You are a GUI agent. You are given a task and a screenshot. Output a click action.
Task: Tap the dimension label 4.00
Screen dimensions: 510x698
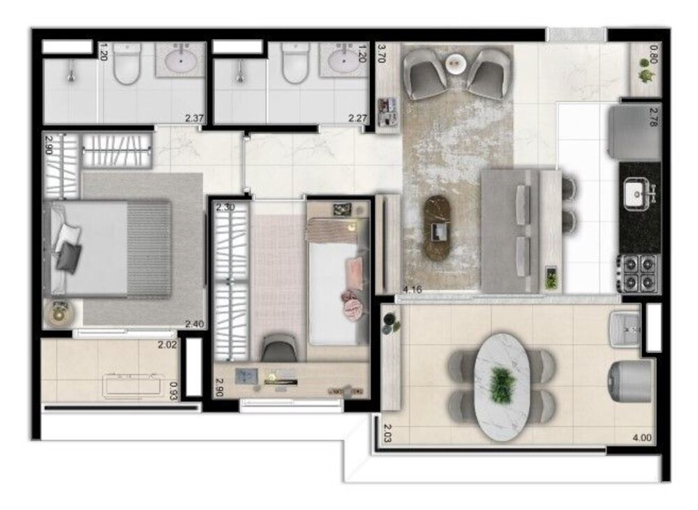click(641, 438)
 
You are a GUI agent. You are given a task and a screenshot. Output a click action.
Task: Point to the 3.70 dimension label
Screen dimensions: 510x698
click(382, 54)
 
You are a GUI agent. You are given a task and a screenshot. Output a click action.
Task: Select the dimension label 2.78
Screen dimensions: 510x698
click(653, 115)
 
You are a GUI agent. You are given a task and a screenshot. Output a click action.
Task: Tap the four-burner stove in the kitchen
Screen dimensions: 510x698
click(638, 273)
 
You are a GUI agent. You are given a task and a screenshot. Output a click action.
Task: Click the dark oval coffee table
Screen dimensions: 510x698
click(440, 227)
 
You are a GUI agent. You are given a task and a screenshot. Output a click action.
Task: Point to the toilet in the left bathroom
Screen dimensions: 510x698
click(128, 65)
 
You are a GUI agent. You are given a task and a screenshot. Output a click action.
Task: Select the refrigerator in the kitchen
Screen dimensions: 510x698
click(634, 133)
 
